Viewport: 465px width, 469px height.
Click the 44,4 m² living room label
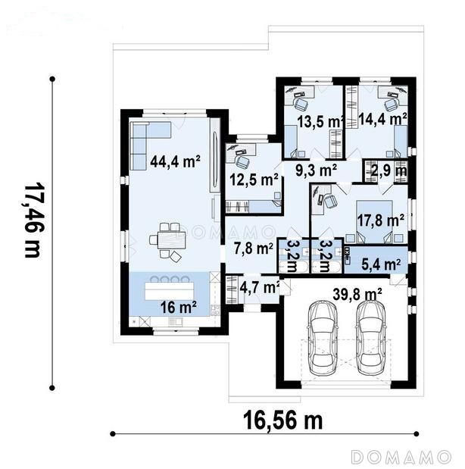click(175, 161)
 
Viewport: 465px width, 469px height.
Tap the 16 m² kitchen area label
click(178, 307)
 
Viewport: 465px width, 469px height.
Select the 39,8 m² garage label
click(357, 294)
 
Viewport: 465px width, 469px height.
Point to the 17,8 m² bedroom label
click(381, 220)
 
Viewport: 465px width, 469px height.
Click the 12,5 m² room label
click(254, 180)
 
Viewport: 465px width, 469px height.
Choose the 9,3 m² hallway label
click(317, 170)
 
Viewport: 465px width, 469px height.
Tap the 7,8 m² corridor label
click(253, 249)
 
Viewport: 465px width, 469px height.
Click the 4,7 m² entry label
click(260, 288)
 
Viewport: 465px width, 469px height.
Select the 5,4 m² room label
click(381, 264)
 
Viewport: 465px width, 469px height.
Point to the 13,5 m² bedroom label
click(320, 121)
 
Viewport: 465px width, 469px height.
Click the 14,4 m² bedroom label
click(382, 119)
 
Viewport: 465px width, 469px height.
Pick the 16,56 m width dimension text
click(283, 421)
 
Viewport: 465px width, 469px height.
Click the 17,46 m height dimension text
click(32, 220)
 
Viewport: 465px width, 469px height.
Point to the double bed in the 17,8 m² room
click(375, 222)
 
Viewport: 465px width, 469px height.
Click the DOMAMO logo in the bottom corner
click(401, 457)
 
